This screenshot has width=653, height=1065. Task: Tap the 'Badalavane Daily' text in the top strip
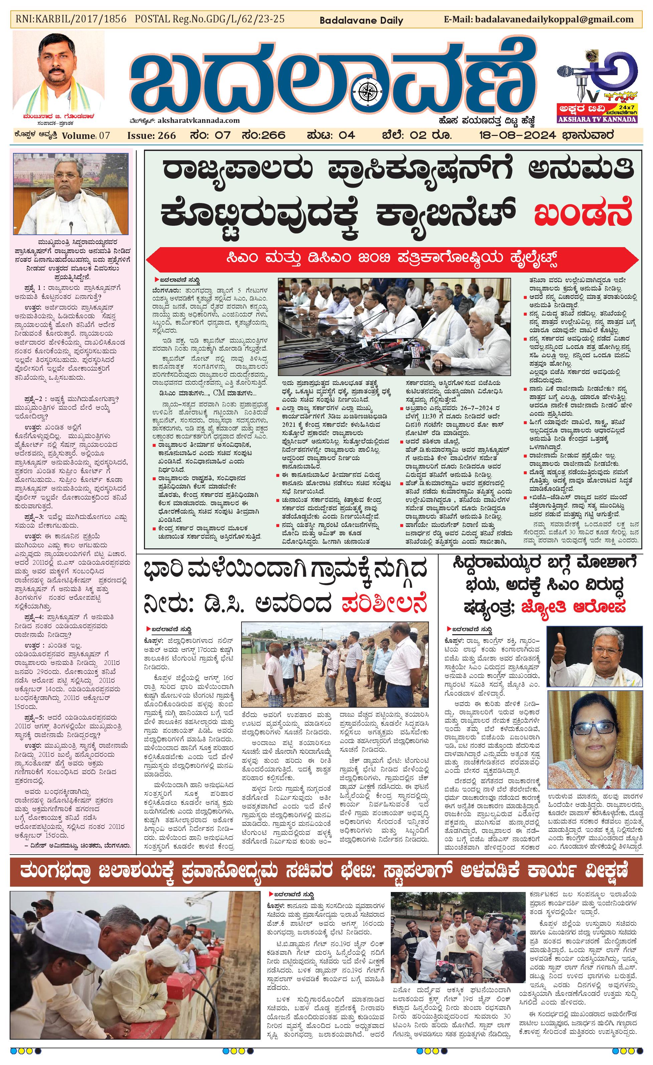point(361,20)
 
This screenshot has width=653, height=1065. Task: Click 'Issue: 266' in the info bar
point(151,136)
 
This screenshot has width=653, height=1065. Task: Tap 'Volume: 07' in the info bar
point(86,136)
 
